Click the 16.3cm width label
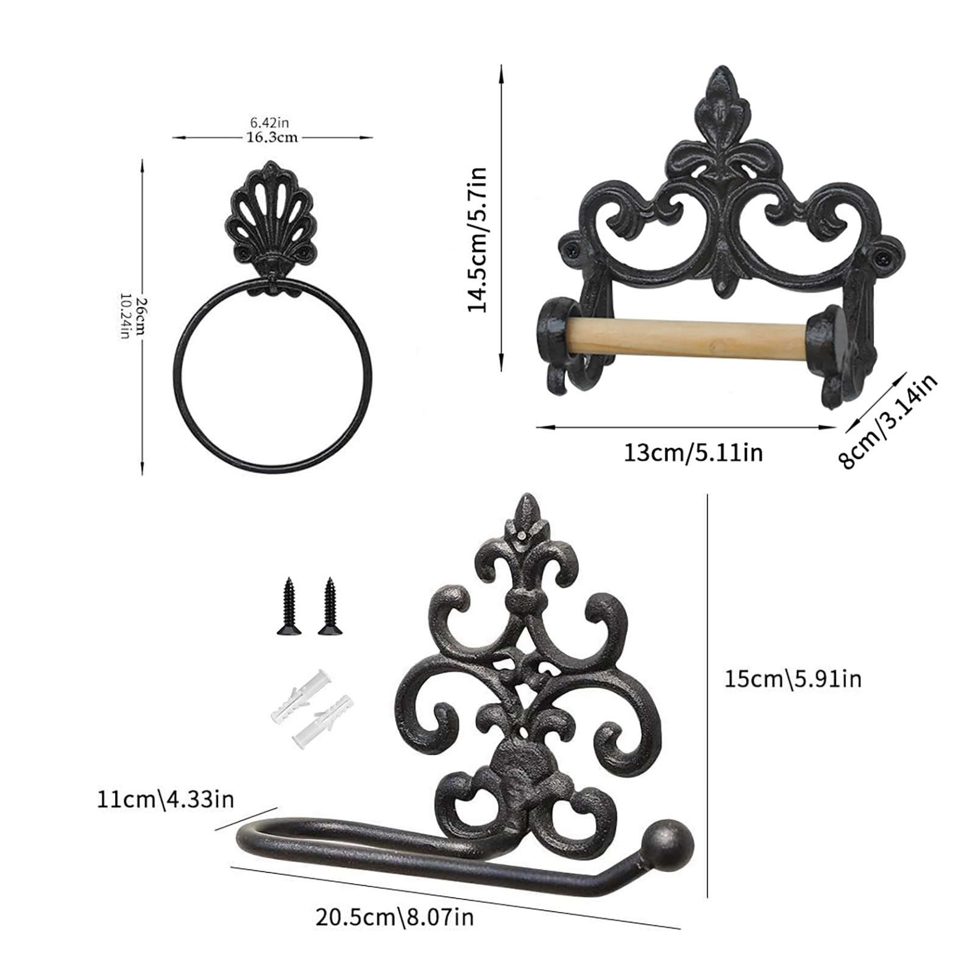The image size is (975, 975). pos(272,137)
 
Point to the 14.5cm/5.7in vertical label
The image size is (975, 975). pos(477,239)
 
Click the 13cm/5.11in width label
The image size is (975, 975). pos(693,453)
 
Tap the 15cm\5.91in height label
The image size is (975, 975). pos(793,678)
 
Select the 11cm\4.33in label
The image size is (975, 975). pos(165,799)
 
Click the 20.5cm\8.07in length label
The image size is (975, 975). pos(394,917)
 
